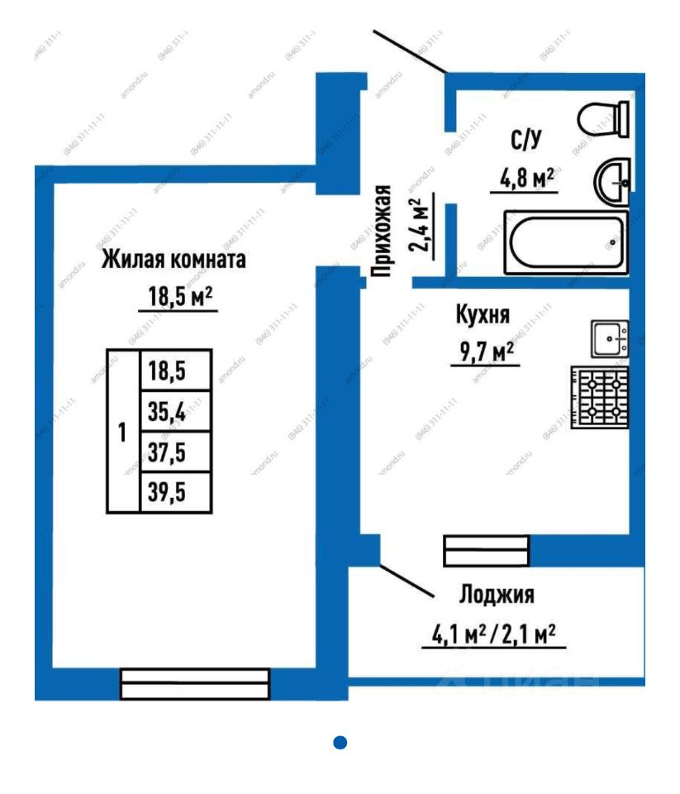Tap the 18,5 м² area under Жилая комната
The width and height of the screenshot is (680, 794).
pyautogui.click(x=177, y=296)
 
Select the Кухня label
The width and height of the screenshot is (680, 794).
pyautogui.click(x=483, y=315)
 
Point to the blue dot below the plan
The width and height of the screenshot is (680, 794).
pyautogui.click(x=340, y=743)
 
